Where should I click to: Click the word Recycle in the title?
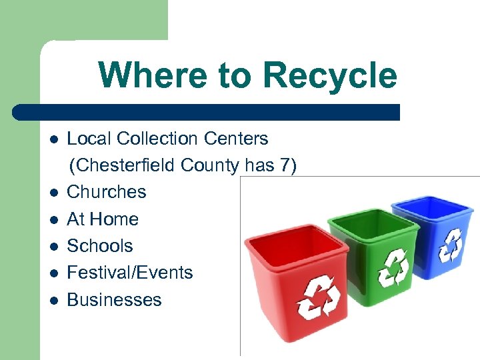pyautogui.click(x=329, y=75)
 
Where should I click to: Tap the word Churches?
pyautogui.click(x=107, y=192)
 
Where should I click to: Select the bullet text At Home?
pyautogui.click(x=103, y=219)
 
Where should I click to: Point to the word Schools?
pyautogui.click(x=100, y=245)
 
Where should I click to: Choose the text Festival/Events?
pyautogui.click(x=130, y=273)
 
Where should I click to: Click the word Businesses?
pyautogui.click(x=114, y=299)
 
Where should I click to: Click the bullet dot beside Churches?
pyautogui.click(x=53, y=193)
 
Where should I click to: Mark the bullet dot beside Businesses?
pyautogui.click(x=53, y=301)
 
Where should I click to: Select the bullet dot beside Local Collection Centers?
pyautogui.click(x=53, y=140)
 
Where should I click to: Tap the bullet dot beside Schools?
pyautogui.click(x=53, y=247)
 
